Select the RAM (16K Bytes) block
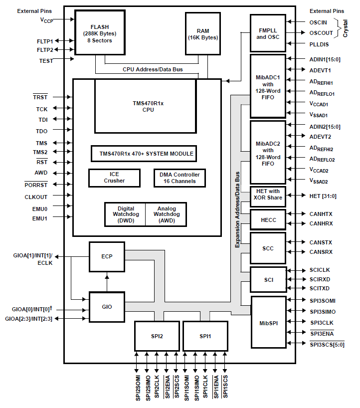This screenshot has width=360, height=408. point(202,33)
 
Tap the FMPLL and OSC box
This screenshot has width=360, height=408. point(268,33)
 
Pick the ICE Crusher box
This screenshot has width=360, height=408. point(115,178)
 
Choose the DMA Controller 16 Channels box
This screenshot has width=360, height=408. point(180,178)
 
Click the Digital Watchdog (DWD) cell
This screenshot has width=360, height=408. point(125,214)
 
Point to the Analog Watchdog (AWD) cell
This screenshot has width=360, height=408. point(166,214)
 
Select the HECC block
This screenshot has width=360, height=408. point(268,219)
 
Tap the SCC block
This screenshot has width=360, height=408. point(268,248)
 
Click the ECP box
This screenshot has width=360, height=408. point(107,257)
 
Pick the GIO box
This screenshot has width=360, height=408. point(107,307)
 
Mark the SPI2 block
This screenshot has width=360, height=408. point(157,336)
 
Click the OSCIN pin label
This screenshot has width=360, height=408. point(318,22)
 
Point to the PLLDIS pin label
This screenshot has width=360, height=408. point(319,44)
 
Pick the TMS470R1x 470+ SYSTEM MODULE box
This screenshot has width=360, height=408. point(143,154)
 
